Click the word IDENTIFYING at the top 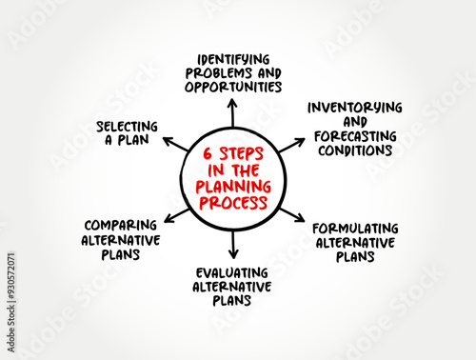click(232, 57)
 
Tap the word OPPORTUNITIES click(232, 86)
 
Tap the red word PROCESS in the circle click(233, 202)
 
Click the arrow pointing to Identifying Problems click(232, 112)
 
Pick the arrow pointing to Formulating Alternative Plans click(291, 213)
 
